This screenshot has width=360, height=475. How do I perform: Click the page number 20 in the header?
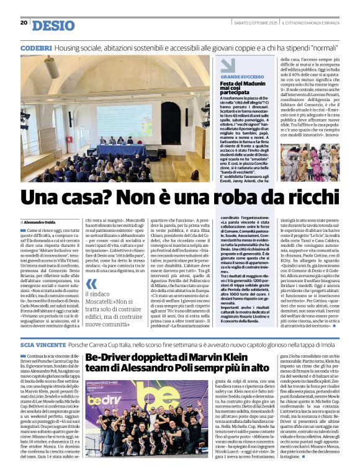point(24,23)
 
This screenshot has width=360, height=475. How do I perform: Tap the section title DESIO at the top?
point(53,25)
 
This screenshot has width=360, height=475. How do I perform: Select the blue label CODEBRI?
point(36,47)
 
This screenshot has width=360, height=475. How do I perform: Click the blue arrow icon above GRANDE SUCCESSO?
point(228,65)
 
